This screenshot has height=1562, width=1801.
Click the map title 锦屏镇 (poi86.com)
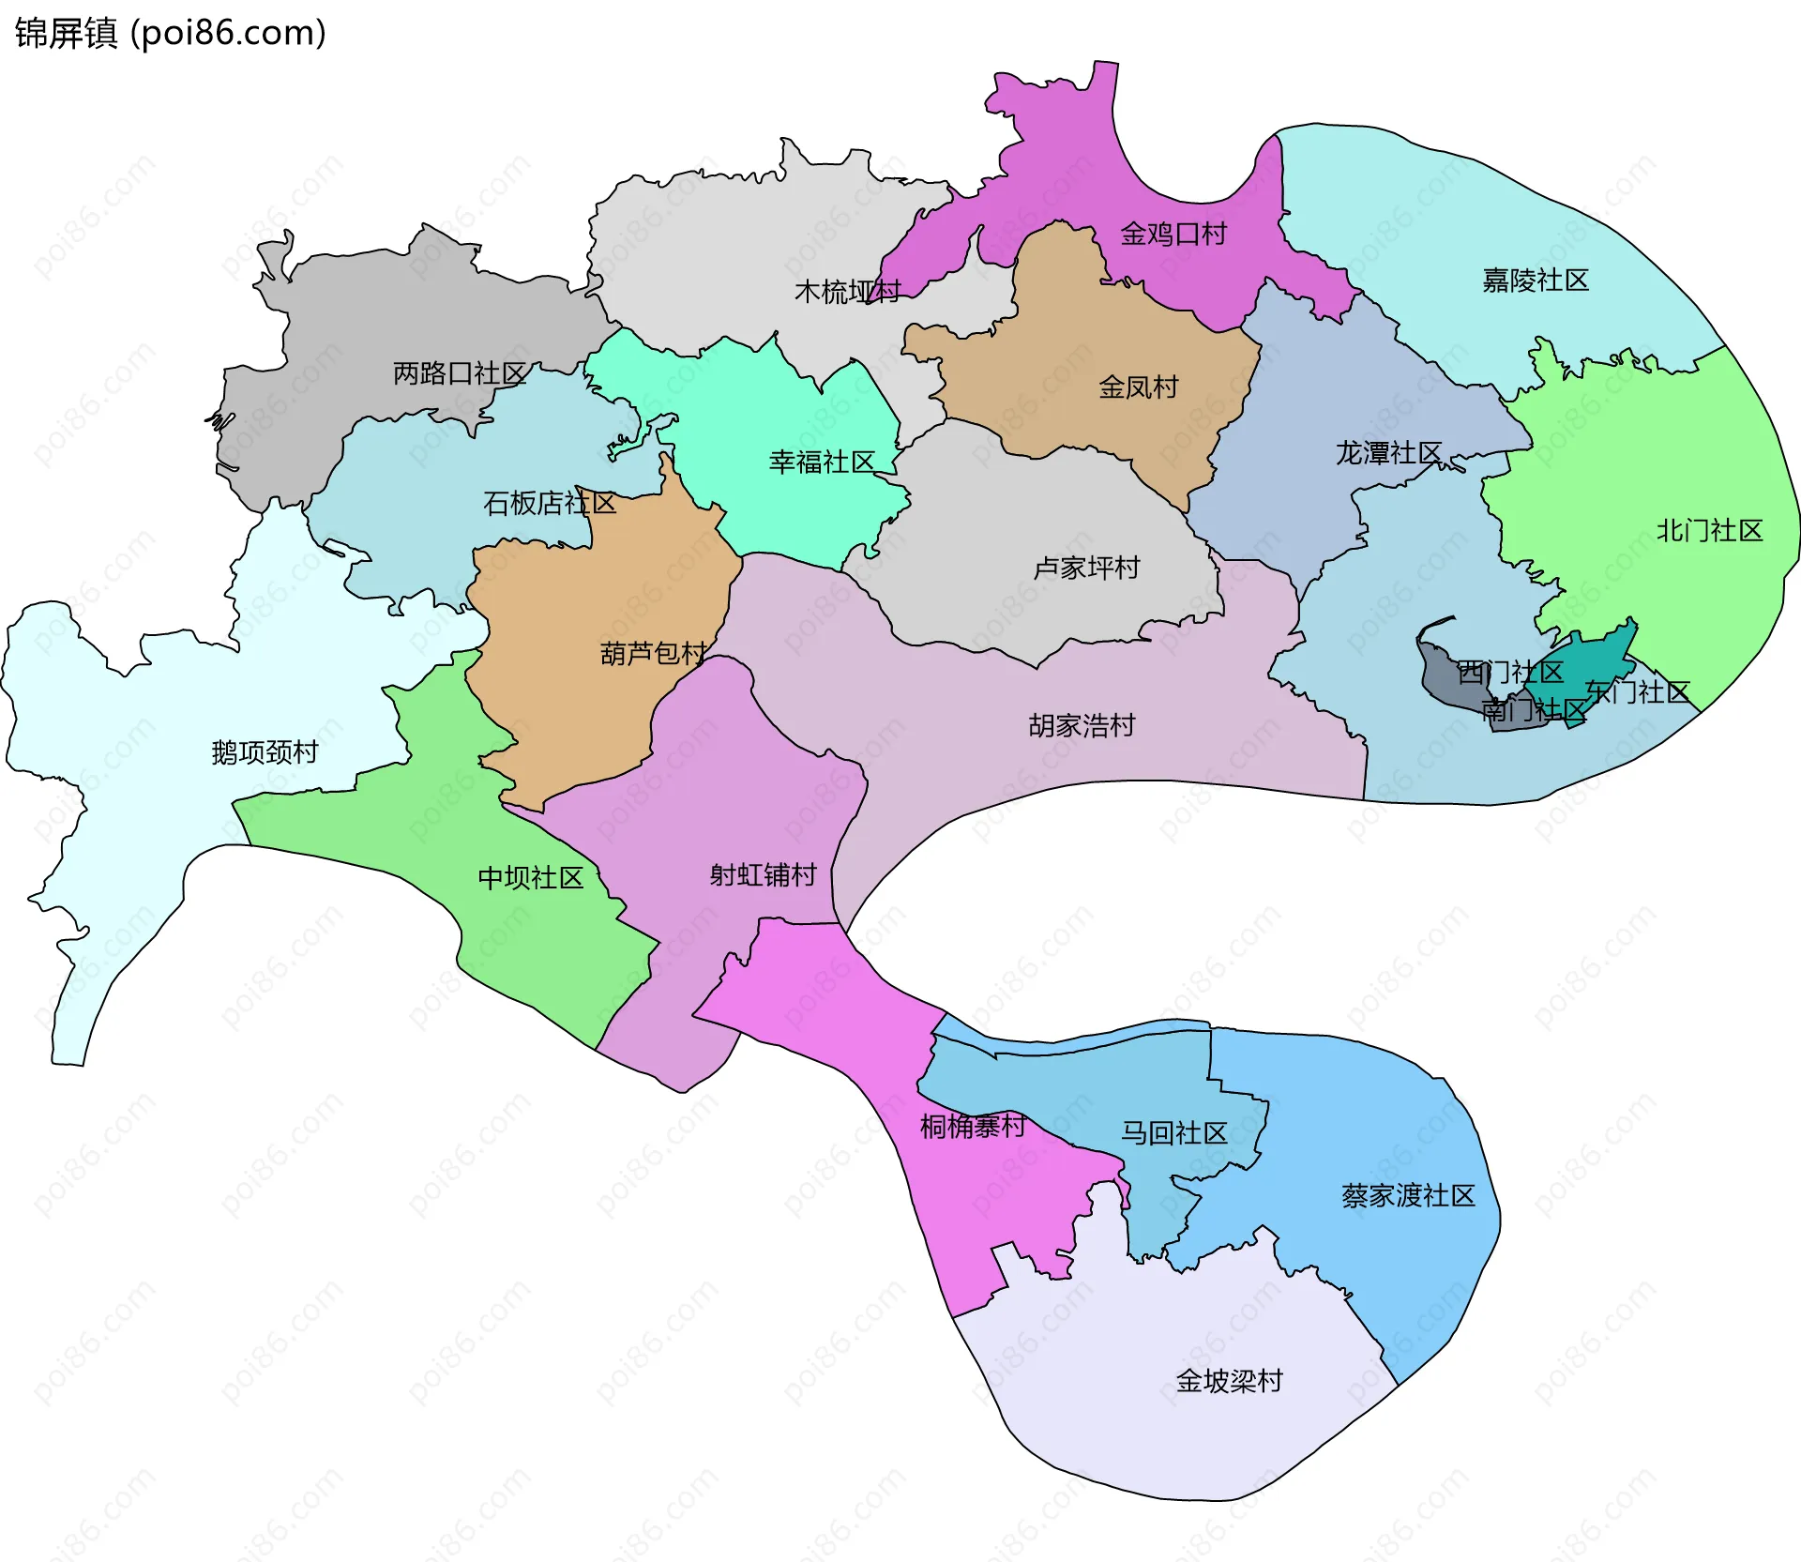[x=170, y=33]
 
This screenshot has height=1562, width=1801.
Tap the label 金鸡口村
[x=1173, y=234]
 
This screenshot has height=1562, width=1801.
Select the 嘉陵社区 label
[x=1536, y=280]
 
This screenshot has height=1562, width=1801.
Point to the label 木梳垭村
[x=848, y=292]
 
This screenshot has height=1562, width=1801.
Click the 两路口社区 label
[x=460, y=373]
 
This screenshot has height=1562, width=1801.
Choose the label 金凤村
[x=1139, y=387]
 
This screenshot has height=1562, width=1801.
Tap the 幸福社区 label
[x=822, y=462]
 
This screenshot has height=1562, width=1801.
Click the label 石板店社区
[x=550, y=504]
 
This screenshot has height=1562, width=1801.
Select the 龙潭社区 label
[x=1388, y=453]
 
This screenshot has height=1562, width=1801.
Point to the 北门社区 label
[x=1709, y=531]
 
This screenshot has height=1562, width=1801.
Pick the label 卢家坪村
[x=1086, y=568]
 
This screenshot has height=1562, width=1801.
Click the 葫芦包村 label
[x=654, y=653]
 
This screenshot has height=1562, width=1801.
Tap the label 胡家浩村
[x=1082, y=725]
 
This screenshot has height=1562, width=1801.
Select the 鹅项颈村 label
[x=265, y=752]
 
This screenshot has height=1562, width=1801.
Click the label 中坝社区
[x=531, y=878]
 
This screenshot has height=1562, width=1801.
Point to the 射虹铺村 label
[x=763, y=875]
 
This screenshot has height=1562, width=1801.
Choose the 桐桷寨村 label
[x=973, y=1126]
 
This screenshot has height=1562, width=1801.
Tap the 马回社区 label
[x=1174, y=1133]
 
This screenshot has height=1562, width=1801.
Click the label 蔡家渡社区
[x=1408, y=1196]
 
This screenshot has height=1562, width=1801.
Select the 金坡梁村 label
[x=1229, y=1381]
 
